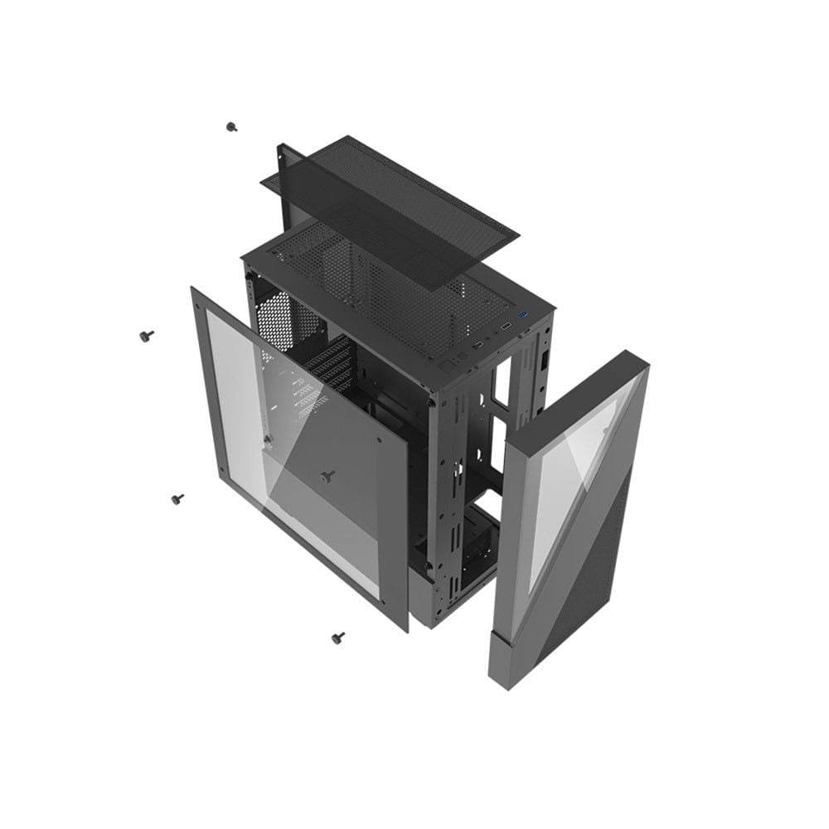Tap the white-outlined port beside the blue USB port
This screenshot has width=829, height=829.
505,327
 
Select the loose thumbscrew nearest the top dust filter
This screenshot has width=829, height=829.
231,127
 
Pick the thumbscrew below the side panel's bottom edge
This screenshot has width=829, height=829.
337,638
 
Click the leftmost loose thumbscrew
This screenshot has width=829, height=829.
148,335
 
